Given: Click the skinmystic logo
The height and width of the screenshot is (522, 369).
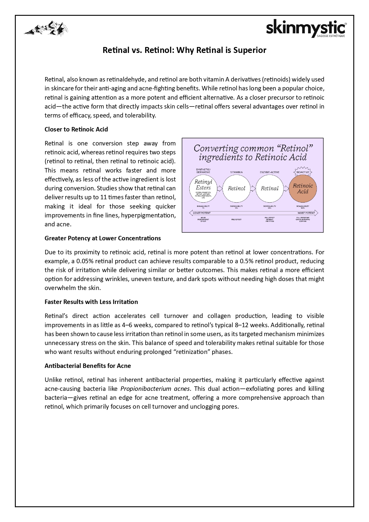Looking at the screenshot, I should [306, 29].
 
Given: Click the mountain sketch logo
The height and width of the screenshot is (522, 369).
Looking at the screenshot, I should [46, 29].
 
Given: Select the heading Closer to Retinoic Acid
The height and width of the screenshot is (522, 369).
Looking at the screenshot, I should [76, 129].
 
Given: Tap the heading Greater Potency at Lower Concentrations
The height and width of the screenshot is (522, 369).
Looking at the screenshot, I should [103, 238].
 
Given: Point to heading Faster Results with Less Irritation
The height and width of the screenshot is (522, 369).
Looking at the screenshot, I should [91, 302].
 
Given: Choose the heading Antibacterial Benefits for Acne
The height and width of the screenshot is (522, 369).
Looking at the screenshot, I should [88, 366].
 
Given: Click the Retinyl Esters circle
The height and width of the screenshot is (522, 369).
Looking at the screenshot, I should [203, 188].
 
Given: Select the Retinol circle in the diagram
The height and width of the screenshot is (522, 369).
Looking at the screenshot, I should [236, 188].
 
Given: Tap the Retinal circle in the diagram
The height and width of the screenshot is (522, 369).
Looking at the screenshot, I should [269, 188].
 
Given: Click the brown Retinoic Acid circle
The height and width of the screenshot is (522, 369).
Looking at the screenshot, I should [303, 189].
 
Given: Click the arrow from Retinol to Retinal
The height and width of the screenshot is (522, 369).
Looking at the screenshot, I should [253, 188].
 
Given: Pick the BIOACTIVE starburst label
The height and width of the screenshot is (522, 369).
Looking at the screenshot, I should [303, 172].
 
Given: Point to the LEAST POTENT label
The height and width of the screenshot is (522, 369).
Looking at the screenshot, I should [202, 213].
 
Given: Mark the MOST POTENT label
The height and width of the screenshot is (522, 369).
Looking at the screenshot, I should [306, 213].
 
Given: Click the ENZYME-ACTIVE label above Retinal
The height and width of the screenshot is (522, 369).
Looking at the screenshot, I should [269, 172].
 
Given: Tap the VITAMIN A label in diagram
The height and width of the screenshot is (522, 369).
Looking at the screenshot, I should [236, 172].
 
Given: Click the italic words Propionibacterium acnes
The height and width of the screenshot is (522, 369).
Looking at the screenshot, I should [155, 389].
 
